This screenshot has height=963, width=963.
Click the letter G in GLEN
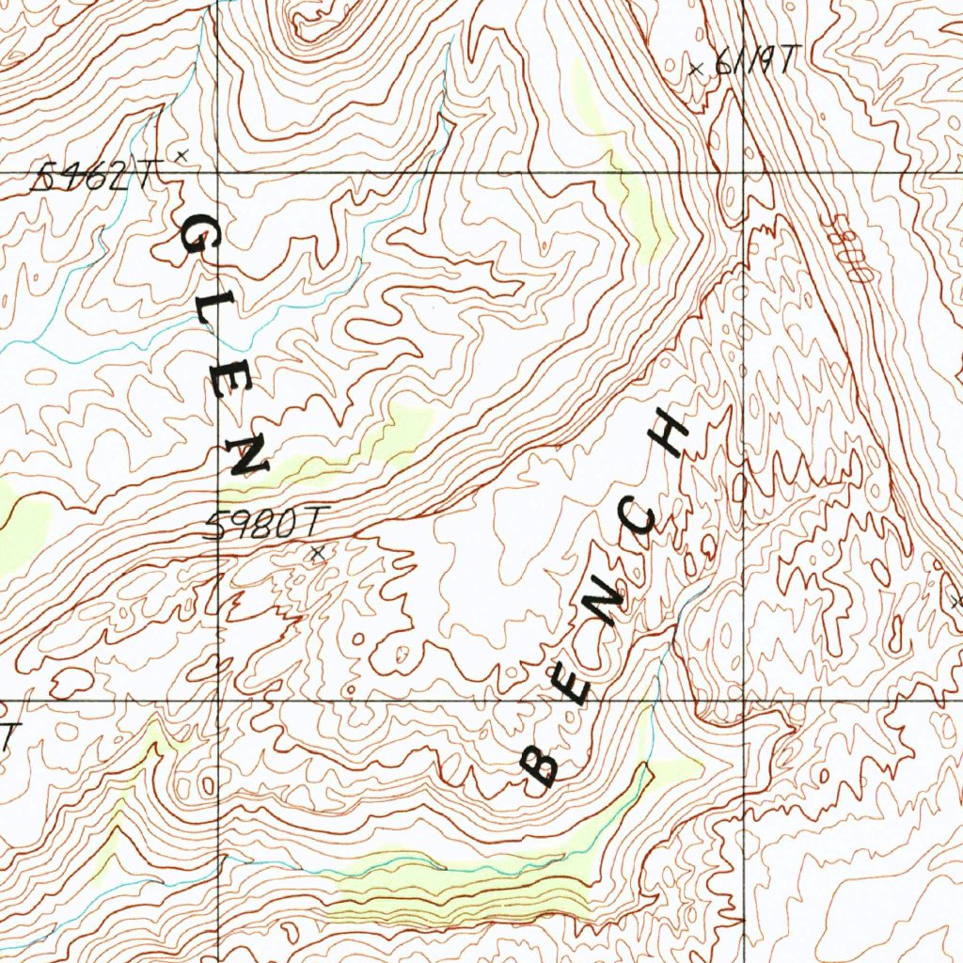tap(197, 242)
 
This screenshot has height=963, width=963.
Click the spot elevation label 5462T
tap(93, 175)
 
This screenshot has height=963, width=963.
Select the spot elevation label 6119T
tap(755, 62)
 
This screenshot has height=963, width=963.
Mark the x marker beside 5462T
tap(182, 153)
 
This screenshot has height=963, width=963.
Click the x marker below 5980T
tap(317, 554)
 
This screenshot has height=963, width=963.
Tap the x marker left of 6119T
tap(696, 68)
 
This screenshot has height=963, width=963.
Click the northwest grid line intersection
tap(218, 174)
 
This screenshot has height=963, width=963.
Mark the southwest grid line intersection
tap(218, 701)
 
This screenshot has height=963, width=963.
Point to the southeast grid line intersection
tap(745, 701)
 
